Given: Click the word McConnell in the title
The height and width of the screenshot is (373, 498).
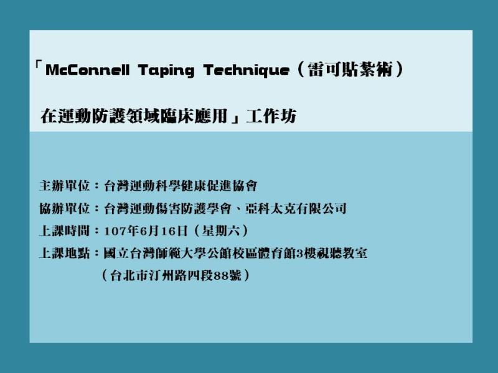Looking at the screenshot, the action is pyautogui.click(x=88, y=70).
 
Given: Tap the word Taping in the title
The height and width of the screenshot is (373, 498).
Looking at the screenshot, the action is pyautogui.click(x=166, y=71).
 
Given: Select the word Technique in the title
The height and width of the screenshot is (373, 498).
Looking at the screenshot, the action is pyautogui.click(x=247, y=70).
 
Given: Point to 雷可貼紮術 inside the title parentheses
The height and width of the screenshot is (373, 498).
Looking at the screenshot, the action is pyautogui.click(x=350, y=69).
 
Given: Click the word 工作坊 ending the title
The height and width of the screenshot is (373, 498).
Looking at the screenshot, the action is pyautogui.click(x=271, y=116).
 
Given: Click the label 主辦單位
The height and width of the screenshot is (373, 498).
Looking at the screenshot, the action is pyautogui.click(x=65, y=186).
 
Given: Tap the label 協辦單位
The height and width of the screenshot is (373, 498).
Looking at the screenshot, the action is pyautogui.click(x=65, y=208).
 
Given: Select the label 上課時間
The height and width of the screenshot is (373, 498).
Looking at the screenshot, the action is pyautogui.click(x=65, y=231).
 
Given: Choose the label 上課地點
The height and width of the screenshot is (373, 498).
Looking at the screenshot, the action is pyautogui.click(x=65, y=254).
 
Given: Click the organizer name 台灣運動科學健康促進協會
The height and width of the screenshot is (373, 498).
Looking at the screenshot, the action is pyautogui.click(x=181, y=186).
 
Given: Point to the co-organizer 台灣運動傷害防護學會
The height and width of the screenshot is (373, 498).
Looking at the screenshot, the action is pyautogui.click(x=168, y=208).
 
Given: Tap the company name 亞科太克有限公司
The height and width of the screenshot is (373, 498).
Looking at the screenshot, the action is pyautogui.click(x=296, y=208).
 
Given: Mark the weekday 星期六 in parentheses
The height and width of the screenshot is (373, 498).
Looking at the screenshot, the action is pyautogui.click(x=221, y=231).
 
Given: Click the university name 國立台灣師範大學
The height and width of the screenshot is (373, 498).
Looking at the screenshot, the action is pyautogui.click(x=155, y=254).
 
